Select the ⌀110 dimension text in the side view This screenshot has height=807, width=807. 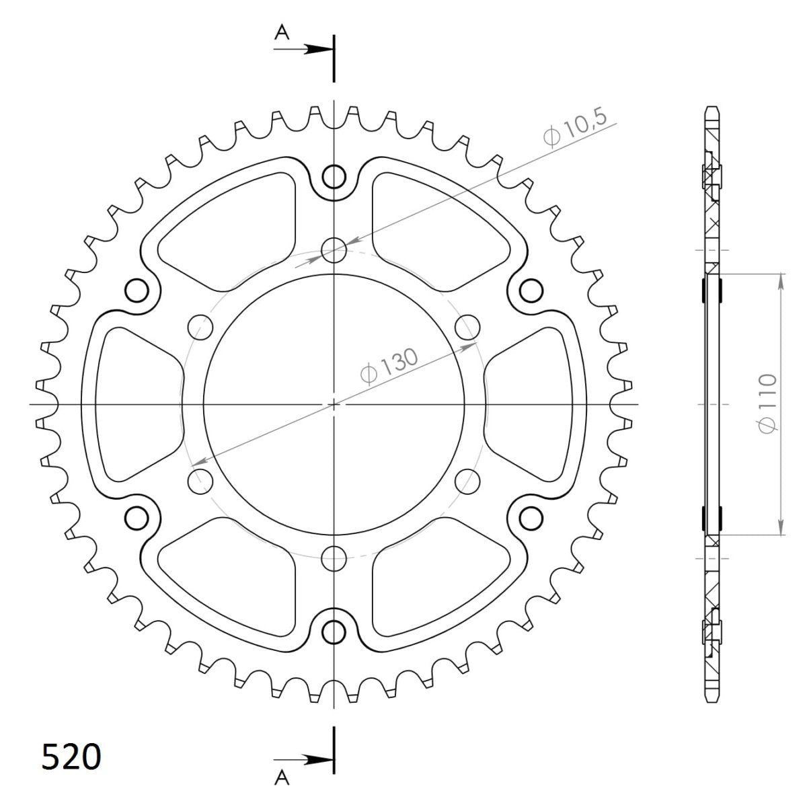pyautogui.click(x=767, y=403)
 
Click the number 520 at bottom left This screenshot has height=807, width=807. pyautogui.click(x=71, y=757)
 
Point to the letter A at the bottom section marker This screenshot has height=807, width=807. pyautogui.click(x=282, y=777)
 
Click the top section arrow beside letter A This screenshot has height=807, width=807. pyautogui.click(x=316, y=49)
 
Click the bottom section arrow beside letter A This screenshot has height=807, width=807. pyautogui.click(x=316, y=759)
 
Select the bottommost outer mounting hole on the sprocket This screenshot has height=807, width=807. pyautogui.click(x=334, y=631)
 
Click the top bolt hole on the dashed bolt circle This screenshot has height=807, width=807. pyautogui.click(x=334, y=251)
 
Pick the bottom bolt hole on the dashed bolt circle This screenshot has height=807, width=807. pyautogui.click(x=334, y=556)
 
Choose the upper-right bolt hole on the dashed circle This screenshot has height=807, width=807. pyautogui.click(x=467, y=328)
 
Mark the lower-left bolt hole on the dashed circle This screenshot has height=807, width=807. pyautogui.click(x=201, y=480)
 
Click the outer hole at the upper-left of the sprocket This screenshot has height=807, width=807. pyautogui.click(x=137, y=291)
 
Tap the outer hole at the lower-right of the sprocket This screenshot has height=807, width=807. pyautogui.click(x=531, y=517)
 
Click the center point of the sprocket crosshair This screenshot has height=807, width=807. pyautogui.click(x=334, y=404)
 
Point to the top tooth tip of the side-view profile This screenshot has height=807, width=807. pyautogui.click(x=712, y=108)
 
